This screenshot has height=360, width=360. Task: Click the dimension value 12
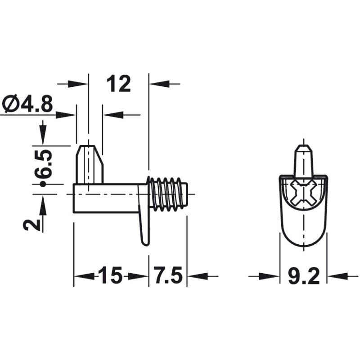pos(119,84)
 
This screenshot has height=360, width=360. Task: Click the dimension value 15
pos(110,276)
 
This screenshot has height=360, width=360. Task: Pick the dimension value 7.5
pos(167,276)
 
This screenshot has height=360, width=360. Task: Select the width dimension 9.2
pos(303,276)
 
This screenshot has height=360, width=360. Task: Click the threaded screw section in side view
pos(168,194)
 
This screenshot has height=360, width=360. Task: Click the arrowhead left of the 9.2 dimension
pos(272,276)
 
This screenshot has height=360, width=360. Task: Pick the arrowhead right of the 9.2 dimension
pos(335,276)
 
